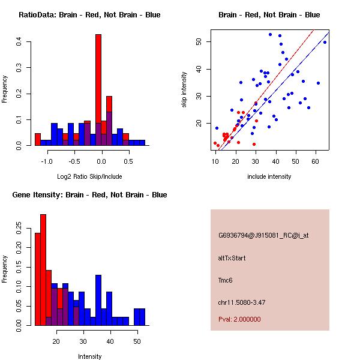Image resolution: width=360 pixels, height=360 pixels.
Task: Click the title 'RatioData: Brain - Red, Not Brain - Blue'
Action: coord(89,15)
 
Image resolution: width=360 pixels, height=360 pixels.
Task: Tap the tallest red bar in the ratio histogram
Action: coord(98,90)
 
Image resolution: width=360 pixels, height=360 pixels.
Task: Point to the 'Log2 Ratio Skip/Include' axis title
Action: coord(90,176)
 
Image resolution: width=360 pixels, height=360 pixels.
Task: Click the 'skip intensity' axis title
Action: coord(185,90)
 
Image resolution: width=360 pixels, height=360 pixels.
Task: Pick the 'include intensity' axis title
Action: coord(269,176)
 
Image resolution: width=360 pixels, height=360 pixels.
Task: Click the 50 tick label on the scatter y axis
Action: coord(199,41)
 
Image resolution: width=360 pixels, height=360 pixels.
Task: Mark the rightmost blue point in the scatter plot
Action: coord(325,42)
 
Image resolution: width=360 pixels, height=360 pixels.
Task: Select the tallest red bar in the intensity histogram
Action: coord(43,270)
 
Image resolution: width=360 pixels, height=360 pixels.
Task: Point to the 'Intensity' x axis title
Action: coord(90,356)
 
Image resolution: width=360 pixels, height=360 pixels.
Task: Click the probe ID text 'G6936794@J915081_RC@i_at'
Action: coord(263,236)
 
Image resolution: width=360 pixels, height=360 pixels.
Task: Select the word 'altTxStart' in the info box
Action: coord(232,259)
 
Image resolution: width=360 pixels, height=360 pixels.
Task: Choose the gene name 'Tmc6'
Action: coord(226,280)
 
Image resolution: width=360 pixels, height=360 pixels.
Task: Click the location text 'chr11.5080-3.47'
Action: coord(241,302)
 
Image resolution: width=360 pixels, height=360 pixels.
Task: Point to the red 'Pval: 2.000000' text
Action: coord(239,320)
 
